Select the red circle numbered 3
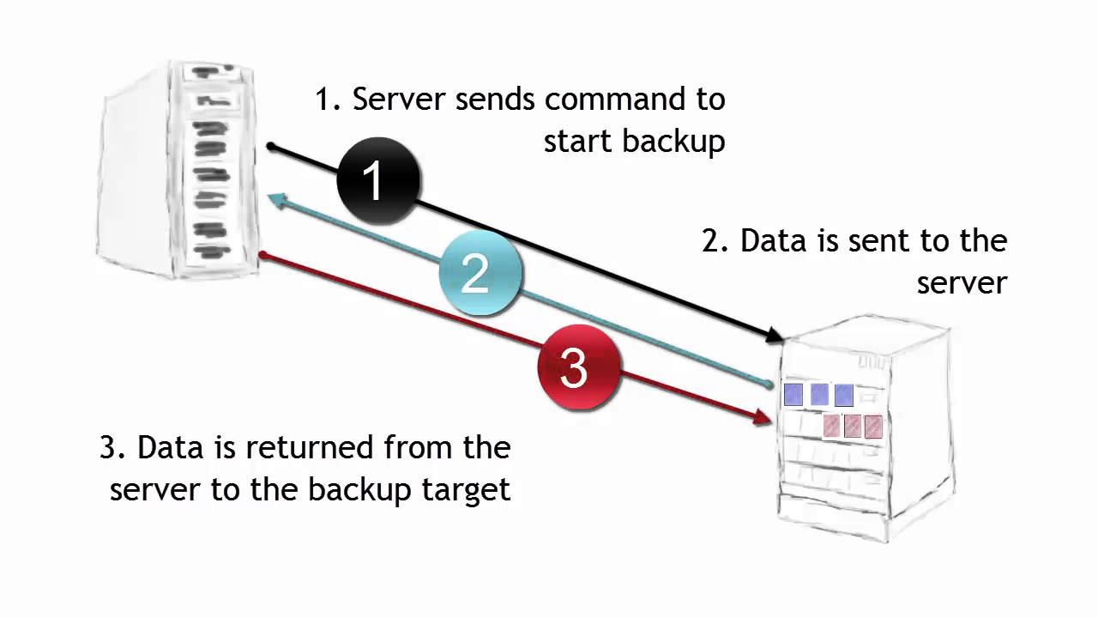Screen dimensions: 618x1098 [x=578, y=367]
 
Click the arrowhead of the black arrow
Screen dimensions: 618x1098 [x=776, y=337]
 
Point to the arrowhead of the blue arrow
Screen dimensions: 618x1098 [x=277, y=200]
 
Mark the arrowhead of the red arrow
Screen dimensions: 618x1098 [x=763, y=418]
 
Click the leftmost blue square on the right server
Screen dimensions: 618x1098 [x=793, y=395]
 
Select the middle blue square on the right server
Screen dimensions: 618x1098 [x=819, y=395]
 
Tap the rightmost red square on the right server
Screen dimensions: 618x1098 [x=873, y=427]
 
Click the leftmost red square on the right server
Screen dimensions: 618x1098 [x=831, y=426]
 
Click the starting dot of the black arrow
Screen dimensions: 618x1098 [x=270, y=147]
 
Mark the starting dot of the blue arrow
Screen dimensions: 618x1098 [x=769, y=384]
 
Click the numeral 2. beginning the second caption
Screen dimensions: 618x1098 [x=714, y=241]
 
